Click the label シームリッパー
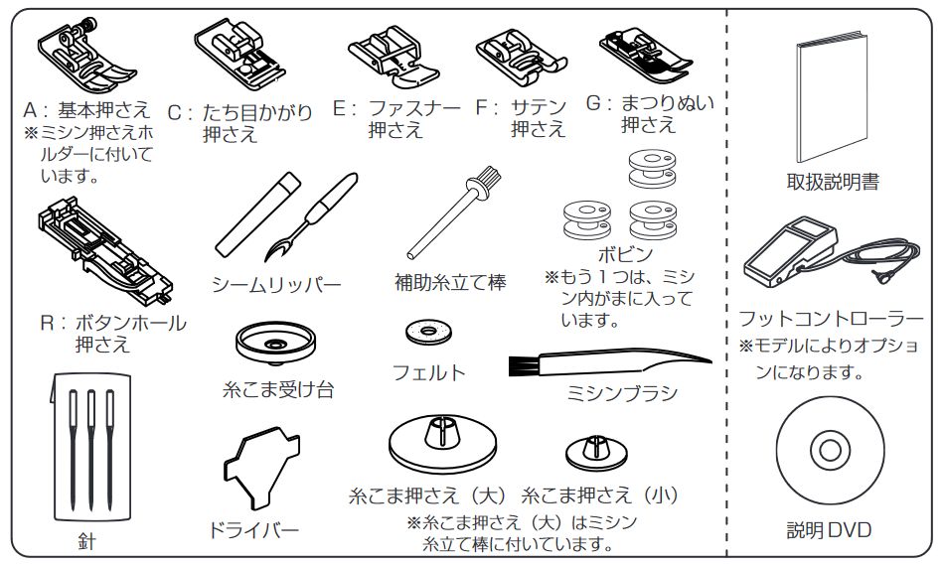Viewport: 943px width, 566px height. click(276, 286)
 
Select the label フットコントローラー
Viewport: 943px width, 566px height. click(831, 320)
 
